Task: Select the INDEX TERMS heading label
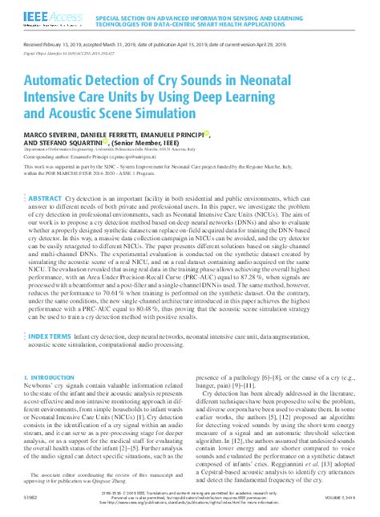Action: [x=71, y=359]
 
